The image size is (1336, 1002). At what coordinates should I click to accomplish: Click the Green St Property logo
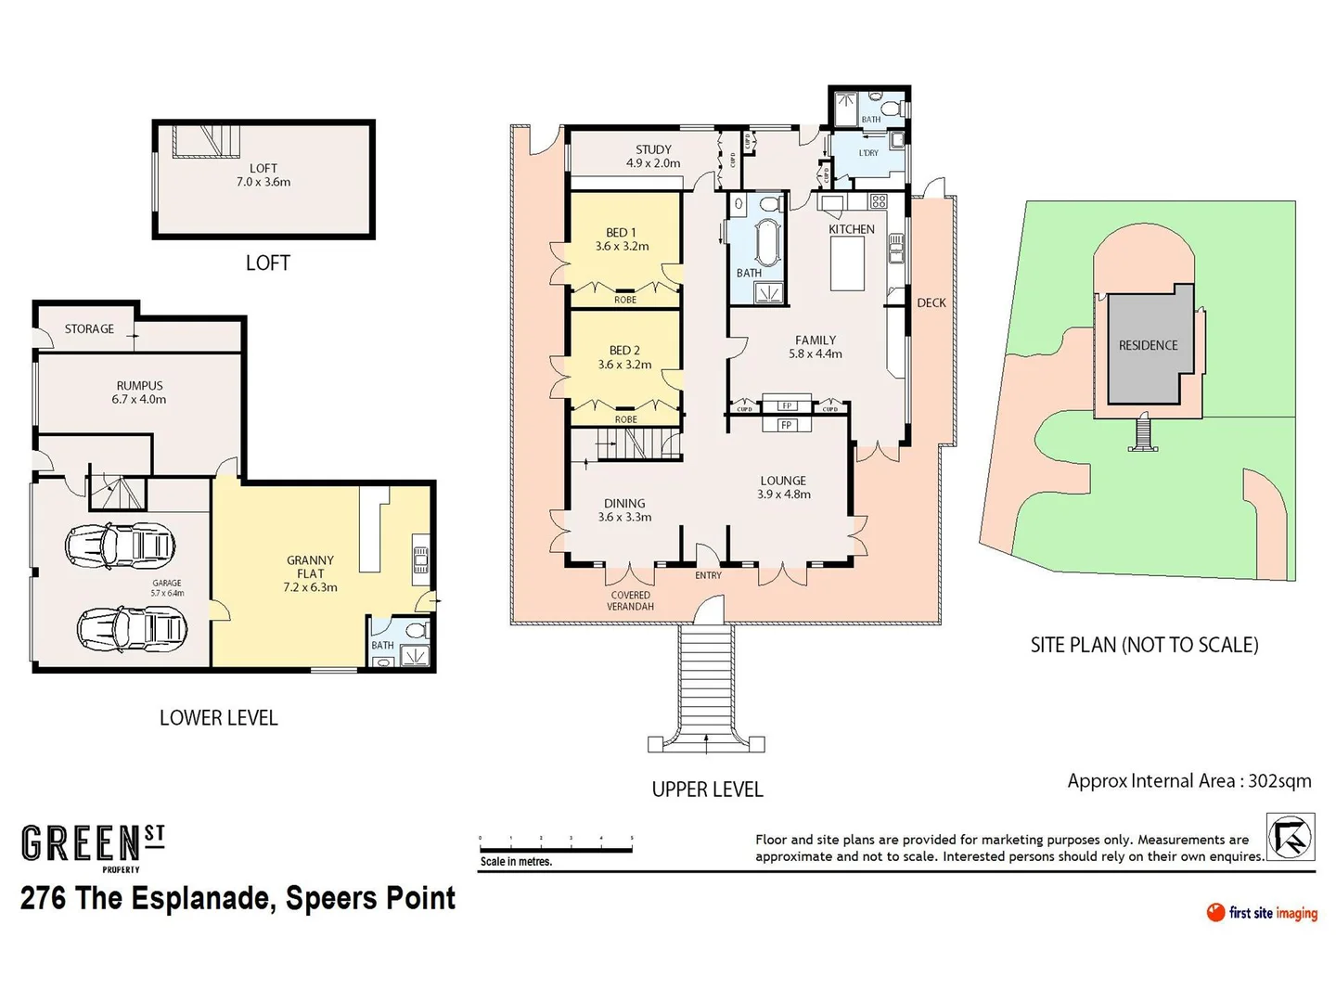(x=93, y=847)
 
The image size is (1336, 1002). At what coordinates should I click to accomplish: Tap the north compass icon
(x=1291, y=837)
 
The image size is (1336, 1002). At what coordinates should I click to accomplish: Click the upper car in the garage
(x=120, y=544)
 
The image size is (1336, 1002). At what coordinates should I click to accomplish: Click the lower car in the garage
(x=131, y=631)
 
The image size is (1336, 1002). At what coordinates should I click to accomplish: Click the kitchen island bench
(x=847, y=264)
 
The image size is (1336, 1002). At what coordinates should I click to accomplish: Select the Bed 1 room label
(x=622, y=233)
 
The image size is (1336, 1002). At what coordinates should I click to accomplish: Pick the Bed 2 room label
(x=624, y=351)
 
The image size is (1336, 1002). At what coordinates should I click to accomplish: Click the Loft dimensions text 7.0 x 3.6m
(x=263, y=182)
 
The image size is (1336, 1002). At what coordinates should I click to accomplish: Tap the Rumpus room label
(x=139, y=386)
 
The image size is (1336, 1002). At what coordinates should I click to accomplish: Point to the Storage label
(x=89, y=329)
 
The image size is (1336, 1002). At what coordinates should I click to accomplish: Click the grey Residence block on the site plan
(x=1148, y=346)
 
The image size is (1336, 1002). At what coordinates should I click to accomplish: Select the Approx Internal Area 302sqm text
(x=1188, y=781)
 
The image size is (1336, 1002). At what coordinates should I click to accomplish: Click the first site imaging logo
(x=1262, y=913)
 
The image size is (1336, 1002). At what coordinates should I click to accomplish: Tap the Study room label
(x=653, y=149)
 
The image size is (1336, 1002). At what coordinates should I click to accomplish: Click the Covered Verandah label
(x=630, y=601)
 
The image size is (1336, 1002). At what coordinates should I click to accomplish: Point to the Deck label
(x=931, y=303)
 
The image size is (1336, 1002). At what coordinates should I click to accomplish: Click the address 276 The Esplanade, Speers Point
(x=238, y=898)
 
